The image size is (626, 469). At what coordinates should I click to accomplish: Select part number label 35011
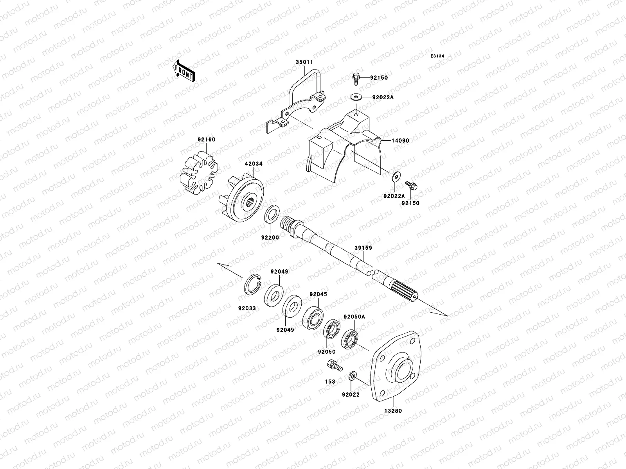pyautogui.click(x=304, y=62)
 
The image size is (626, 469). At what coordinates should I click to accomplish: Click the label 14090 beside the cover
pyautogui.click(x=399, y=140)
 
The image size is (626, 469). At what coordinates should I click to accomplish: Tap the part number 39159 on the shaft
pyautogui.click(x=363, y=248)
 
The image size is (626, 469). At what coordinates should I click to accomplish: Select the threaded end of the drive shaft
pyautogui.click(x=289, y=226)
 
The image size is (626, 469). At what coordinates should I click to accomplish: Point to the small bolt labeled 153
pyautogui.click(x=333, y=367)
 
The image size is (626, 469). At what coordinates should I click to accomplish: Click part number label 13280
pyautogui.click(x=393, y=411)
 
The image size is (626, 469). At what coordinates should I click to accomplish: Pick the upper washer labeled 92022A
pyautogui.click(x=356, y=97)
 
